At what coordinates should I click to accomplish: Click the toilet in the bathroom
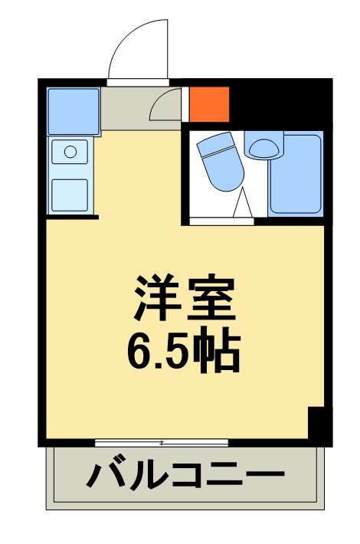tap(220, 162)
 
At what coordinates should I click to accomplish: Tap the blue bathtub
tap(295, 174)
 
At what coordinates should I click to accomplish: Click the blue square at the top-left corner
tap(74, 111)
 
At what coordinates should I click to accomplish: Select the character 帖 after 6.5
tap(220, 350)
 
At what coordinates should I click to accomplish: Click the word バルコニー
tap(184, 477)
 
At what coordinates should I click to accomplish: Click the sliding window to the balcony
tap(162, 443)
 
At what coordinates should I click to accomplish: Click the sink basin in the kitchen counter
tap(70, 152)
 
